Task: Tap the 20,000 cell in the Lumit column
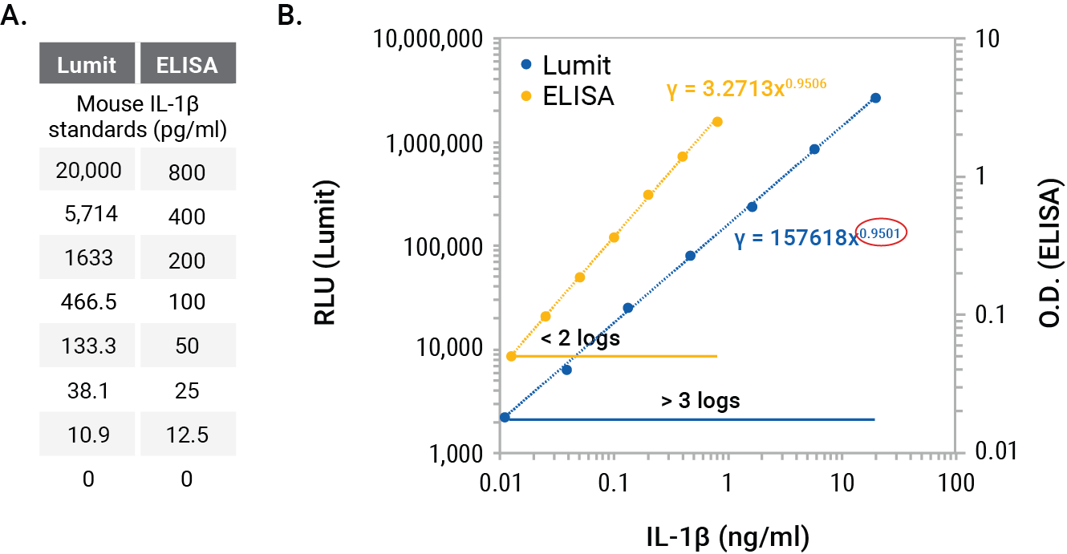(x=88, y=171)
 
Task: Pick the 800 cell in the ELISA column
(x=187, y=172)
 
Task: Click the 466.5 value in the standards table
(x=88, y=302)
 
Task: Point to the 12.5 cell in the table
(x=187, y=435)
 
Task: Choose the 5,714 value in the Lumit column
(x=88, y=216)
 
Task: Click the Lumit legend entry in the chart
(x=566, y=64)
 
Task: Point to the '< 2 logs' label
(x=580, y=338)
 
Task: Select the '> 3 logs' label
(x=700, y=400)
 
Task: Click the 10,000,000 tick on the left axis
(x=435, y=38)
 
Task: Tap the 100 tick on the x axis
(x=955, y=483)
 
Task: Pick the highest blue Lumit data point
(x=875, y=98)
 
